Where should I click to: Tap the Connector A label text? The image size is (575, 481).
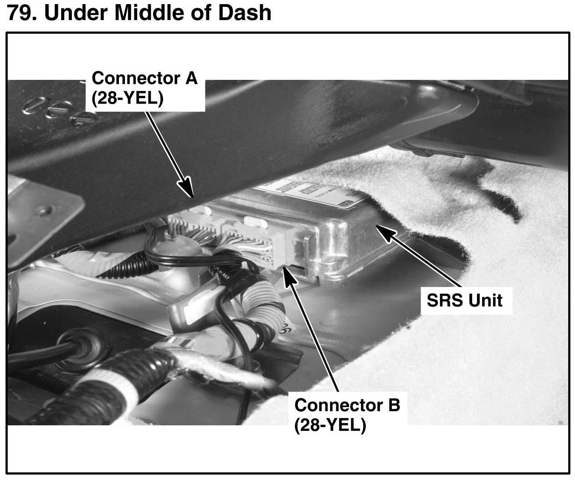[144, 78]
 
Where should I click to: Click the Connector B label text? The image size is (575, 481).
[347, 405]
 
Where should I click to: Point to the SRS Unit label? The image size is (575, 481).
[464, 300]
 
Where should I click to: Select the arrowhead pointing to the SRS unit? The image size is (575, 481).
[380, 228]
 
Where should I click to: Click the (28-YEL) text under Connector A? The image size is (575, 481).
[127, 99]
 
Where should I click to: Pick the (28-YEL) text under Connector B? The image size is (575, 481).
[330, 425]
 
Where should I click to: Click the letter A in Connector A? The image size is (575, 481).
[191, 78]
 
